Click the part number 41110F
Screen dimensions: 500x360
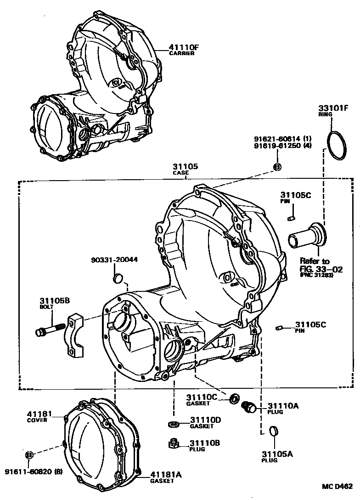coord(173,46)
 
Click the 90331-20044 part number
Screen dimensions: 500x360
coord(114,260)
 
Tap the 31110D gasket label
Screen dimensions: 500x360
coord(206,420)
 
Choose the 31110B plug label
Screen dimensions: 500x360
coord(205,443)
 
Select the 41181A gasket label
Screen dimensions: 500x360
coord(165,475)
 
